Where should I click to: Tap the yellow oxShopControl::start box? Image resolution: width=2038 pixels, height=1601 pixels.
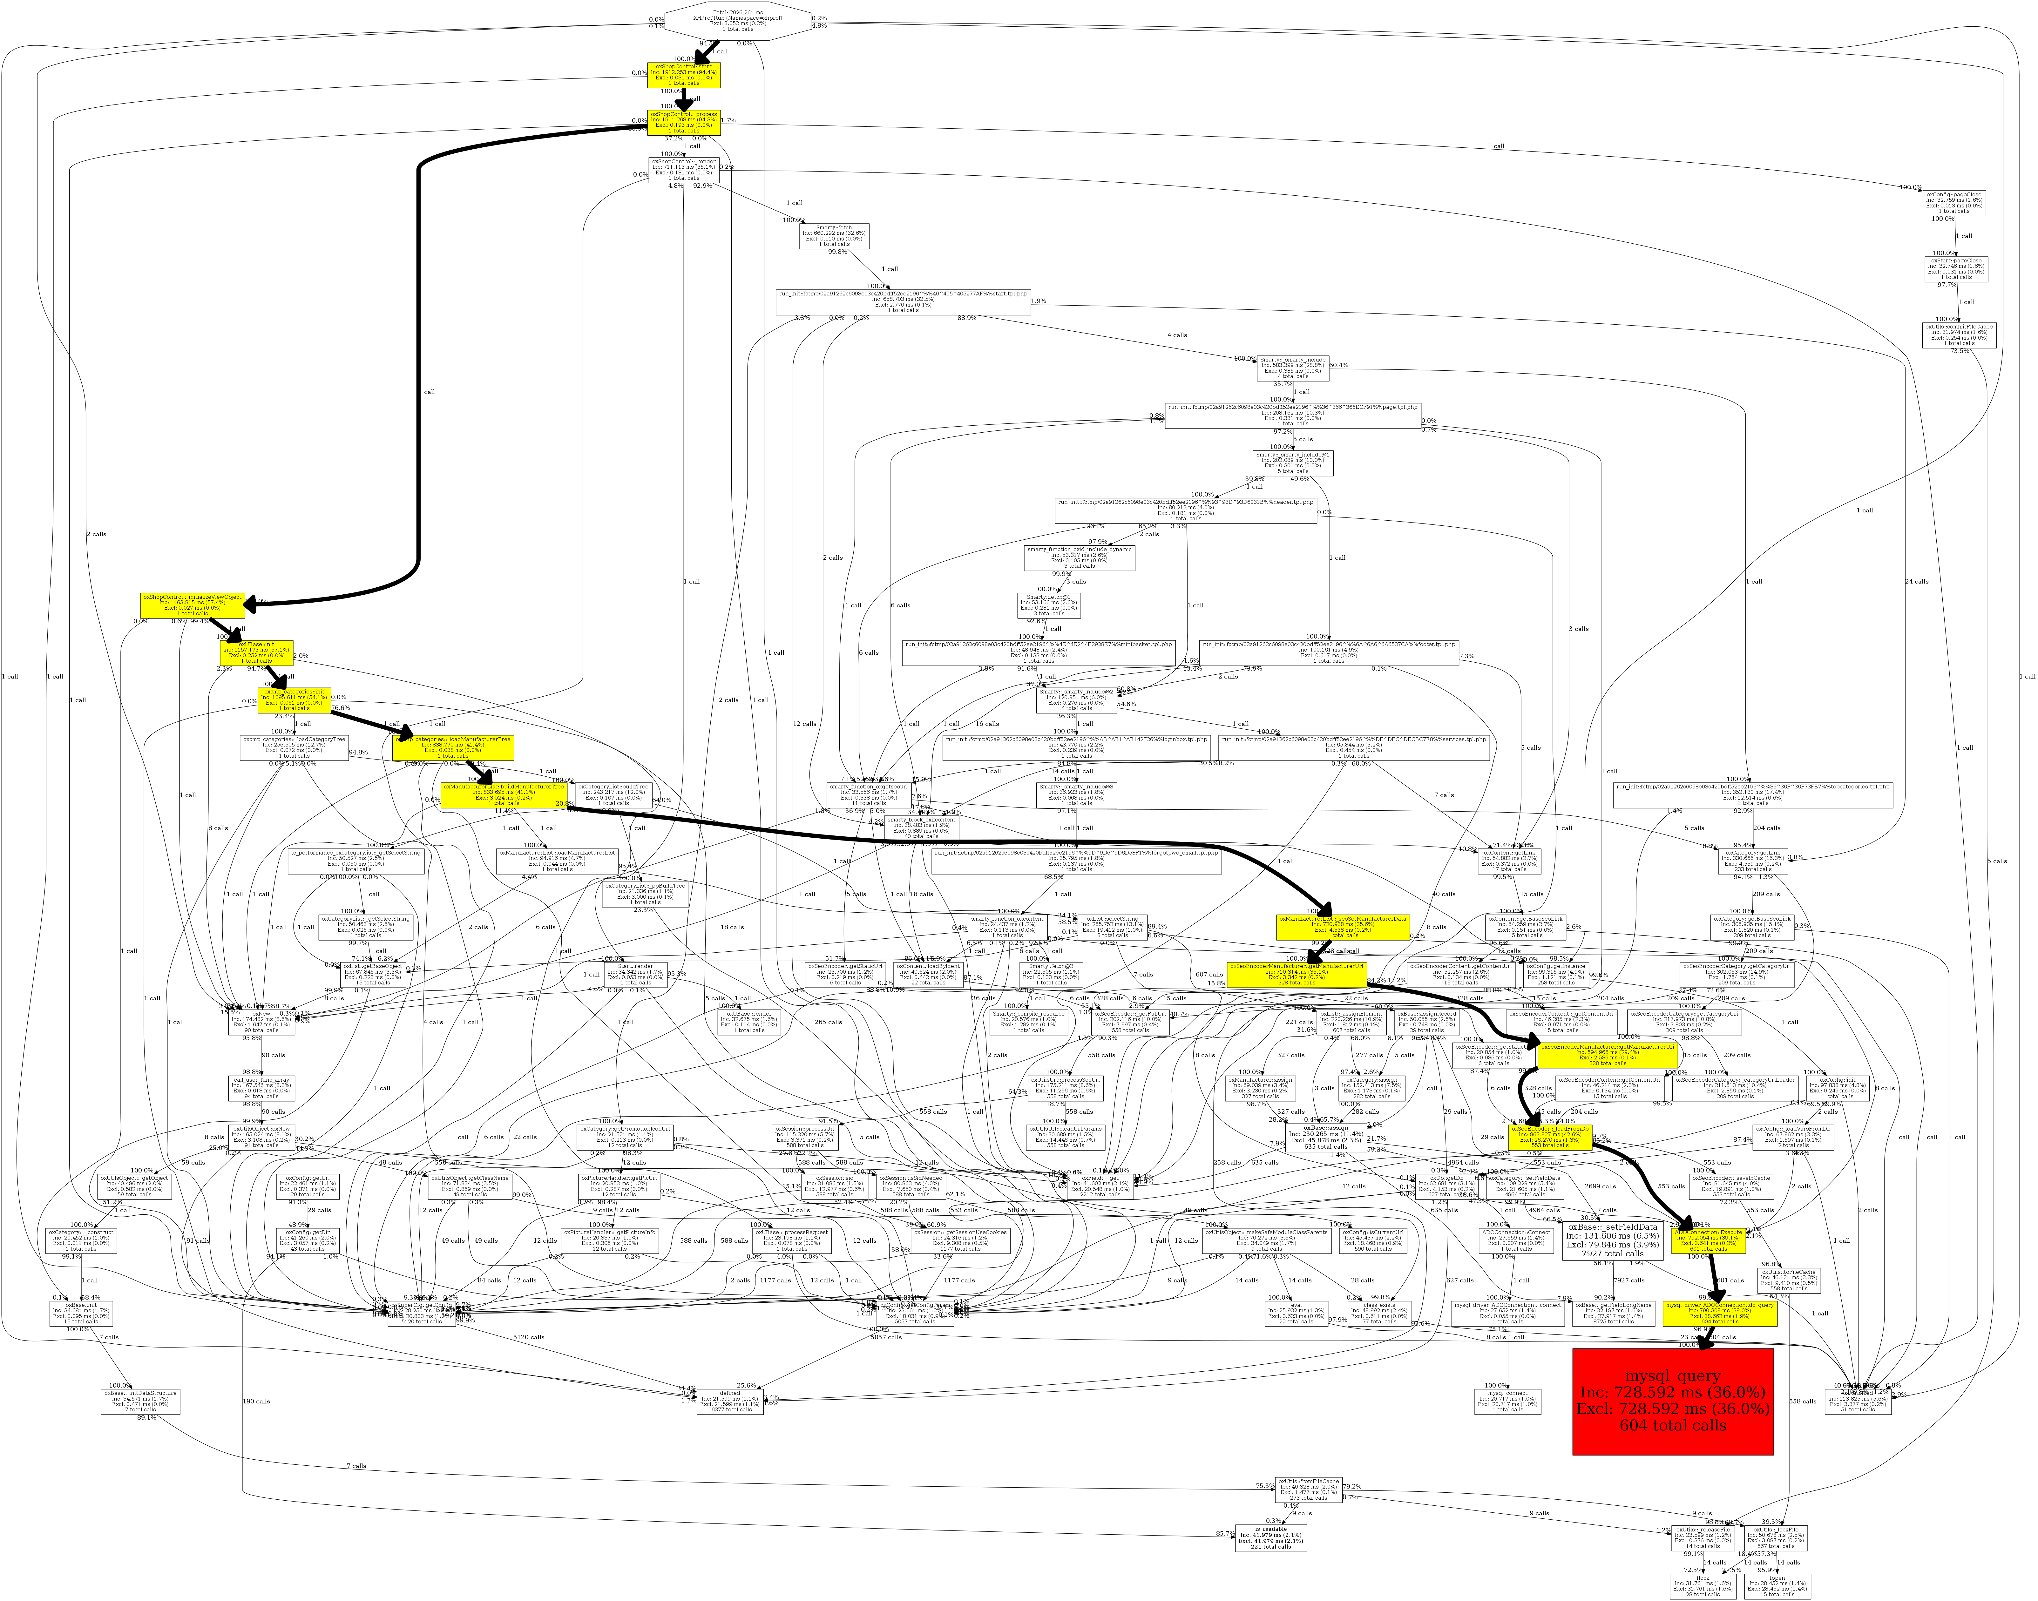(x=684, y=75)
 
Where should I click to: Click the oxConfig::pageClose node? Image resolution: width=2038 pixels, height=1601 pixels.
(x=1953, y=202)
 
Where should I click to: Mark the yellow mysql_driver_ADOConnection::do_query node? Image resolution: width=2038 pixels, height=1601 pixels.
(x=1720, y=1312)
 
